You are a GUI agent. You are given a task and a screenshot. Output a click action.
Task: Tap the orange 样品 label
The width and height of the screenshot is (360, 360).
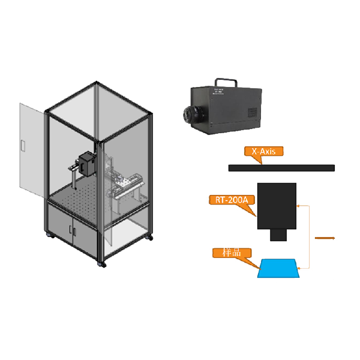(x=231, y=253)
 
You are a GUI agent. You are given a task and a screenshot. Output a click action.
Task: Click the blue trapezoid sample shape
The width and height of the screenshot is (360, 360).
(x=280, y=268)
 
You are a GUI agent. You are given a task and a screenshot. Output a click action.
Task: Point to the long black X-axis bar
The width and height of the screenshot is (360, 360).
(x=282, y=167)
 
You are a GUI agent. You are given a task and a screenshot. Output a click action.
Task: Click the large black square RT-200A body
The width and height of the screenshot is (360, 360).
(x=277, y=205)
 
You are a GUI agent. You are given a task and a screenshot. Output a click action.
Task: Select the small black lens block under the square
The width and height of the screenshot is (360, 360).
(x=277, y=235)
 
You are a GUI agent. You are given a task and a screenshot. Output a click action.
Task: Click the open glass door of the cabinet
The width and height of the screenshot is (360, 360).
(x=31, y=150)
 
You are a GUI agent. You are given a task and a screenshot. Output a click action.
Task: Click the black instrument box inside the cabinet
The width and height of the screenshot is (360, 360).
(x=88, y=163)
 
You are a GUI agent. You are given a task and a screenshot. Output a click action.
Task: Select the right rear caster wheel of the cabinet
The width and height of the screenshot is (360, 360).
(x=149, y=241)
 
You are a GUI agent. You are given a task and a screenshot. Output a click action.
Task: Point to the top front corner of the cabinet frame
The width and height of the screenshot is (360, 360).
(x=100, y=142)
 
